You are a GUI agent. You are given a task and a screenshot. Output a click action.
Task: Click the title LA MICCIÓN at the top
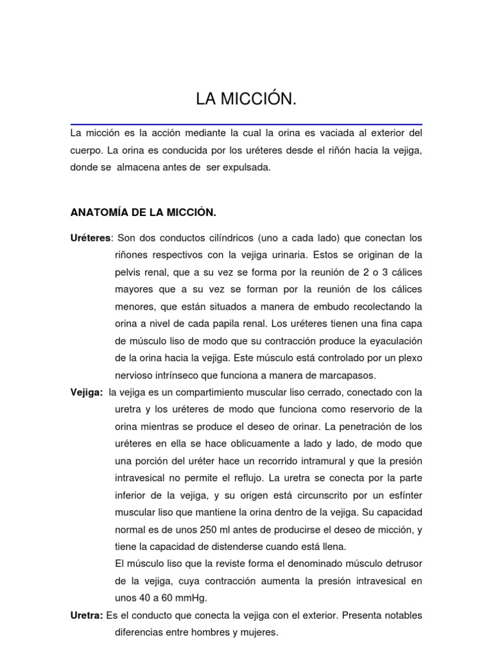tap(246, 100)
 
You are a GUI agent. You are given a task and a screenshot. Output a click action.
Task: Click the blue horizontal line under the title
tap(246, 124)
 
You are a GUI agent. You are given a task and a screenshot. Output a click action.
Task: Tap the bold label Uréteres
tap(90, 238)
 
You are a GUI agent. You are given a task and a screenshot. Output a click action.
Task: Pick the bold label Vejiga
tap(86, 392)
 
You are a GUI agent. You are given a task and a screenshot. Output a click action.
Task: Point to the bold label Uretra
tap(86, 616)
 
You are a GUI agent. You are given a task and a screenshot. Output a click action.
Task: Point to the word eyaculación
tap(392, 341)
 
